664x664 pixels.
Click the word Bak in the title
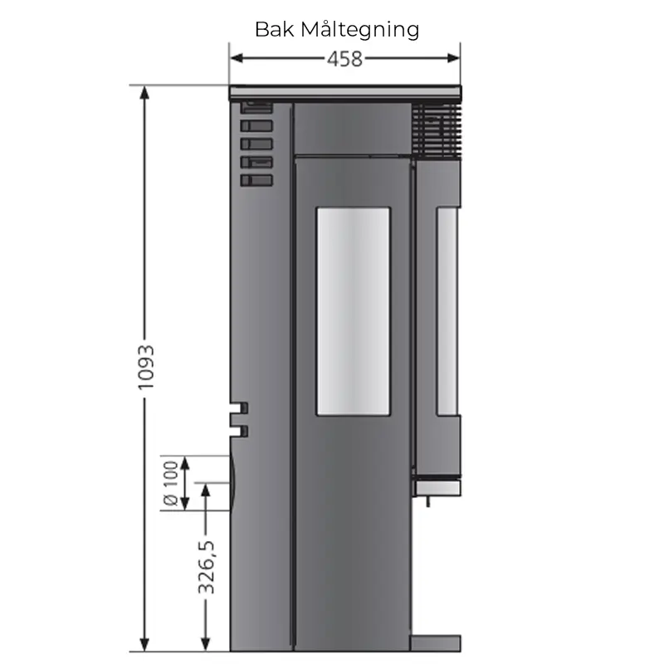(274, 29)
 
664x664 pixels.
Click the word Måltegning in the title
(360, 30)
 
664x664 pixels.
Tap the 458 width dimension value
(344, 59)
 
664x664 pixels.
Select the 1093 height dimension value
(146, 368)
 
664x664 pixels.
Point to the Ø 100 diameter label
(171, 483)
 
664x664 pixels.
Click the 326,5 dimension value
(207, 567)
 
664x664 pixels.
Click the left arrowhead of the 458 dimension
(237, 58)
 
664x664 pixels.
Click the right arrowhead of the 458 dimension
(453, 58)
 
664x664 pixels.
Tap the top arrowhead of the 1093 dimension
(144, 92)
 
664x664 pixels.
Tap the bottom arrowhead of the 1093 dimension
(144, 645)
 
